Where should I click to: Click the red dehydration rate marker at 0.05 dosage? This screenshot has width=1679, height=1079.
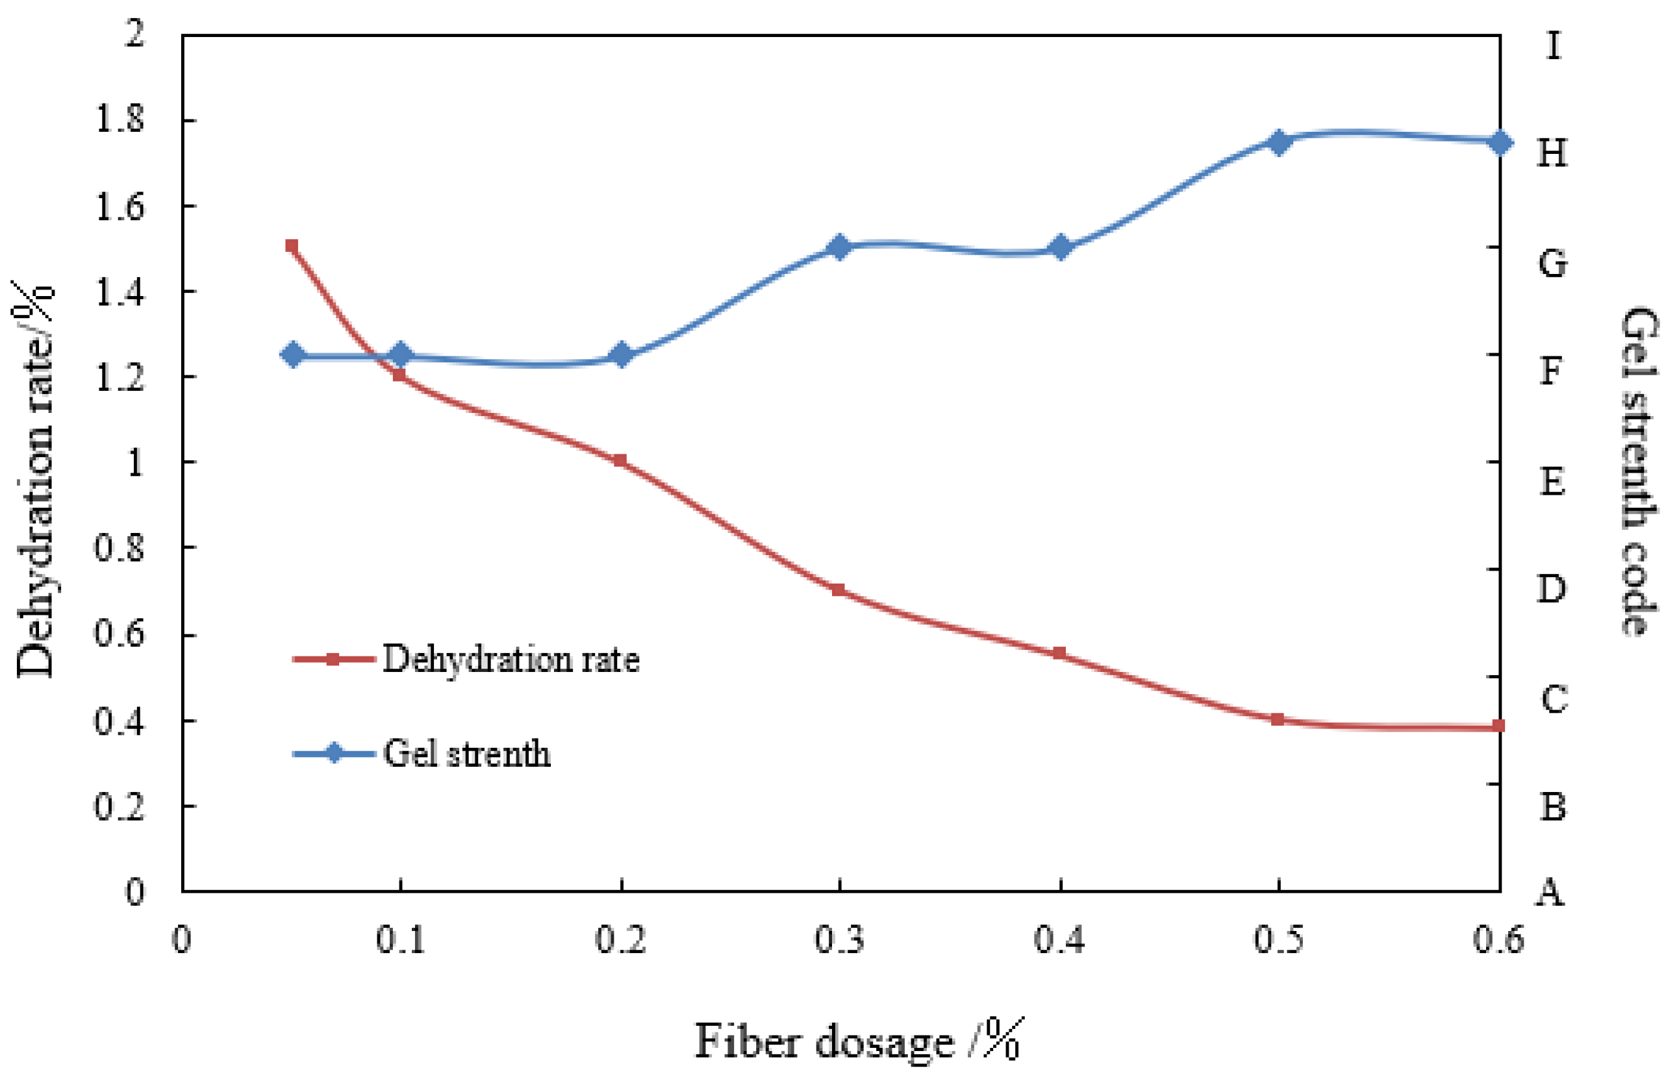click(x=292, y=246)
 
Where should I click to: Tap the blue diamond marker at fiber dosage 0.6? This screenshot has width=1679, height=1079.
click(x=1500, y=143)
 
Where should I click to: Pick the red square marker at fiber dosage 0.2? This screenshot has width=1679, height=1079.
click(x=620, y=460)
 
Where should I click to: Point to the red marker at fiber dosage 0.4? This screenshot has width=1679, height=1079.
click(x=1059, y=653)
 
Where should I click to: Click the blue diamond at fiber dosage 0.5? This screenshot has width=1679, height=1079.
click(x=1278, y=142)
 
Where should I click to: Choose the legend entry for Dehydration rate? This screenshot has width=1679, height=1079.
click(x=510, y=660)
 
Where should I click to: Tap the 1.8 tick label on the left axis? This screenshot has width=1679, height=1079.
click(x=119, y=120)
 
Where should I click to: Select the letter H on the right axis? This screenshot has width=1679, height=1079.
click(x=1552, y=153)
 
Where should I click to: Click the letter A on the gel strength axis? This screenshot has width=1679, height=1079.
click(x=1550, y=892)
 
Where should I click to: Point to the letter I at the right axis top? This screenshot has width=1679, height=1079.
click(x=1553, y=46)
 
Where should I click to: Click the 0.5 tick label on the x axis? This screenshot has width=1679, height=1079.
click(x=1278, y=939)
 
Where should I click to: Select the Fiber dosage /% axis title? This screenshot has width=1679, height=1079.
click(x=859, y=1041)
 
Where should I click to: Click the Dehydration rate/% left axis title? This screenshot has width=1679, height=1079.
click(x=35, y=480)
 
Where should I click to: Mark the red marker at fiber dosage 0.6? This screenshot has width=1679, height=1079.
click(x=1498, y=726)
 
